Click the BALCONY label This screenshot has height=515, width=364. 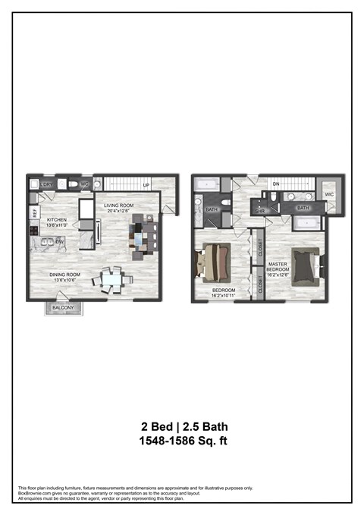(62, 307)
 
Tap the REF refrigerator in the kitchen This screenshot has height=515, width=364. (34, 214)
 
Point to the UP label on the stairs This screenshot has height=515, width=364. (145, 185)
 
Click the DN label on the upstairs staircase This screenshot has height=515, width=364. (277, 184)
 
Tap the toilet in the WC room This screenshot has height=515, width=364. (73, 184)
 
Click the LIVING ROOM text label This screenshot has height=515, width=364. (120, 205)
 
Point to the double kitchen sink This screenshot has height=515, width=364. (48, 242)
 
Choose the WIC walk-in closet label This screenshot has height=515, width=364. (328, 195)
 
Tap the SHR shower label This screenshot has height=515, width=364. (259, 212)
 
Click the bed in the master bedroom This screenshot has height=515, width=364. (305, 265)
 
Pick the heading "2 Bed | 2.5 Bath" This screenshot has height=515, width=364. (181, 426)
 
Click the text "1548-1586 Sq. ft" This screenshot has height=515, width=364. (181, 441)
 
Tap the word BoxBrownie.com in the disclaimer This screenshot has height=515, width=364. (36, 493)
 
